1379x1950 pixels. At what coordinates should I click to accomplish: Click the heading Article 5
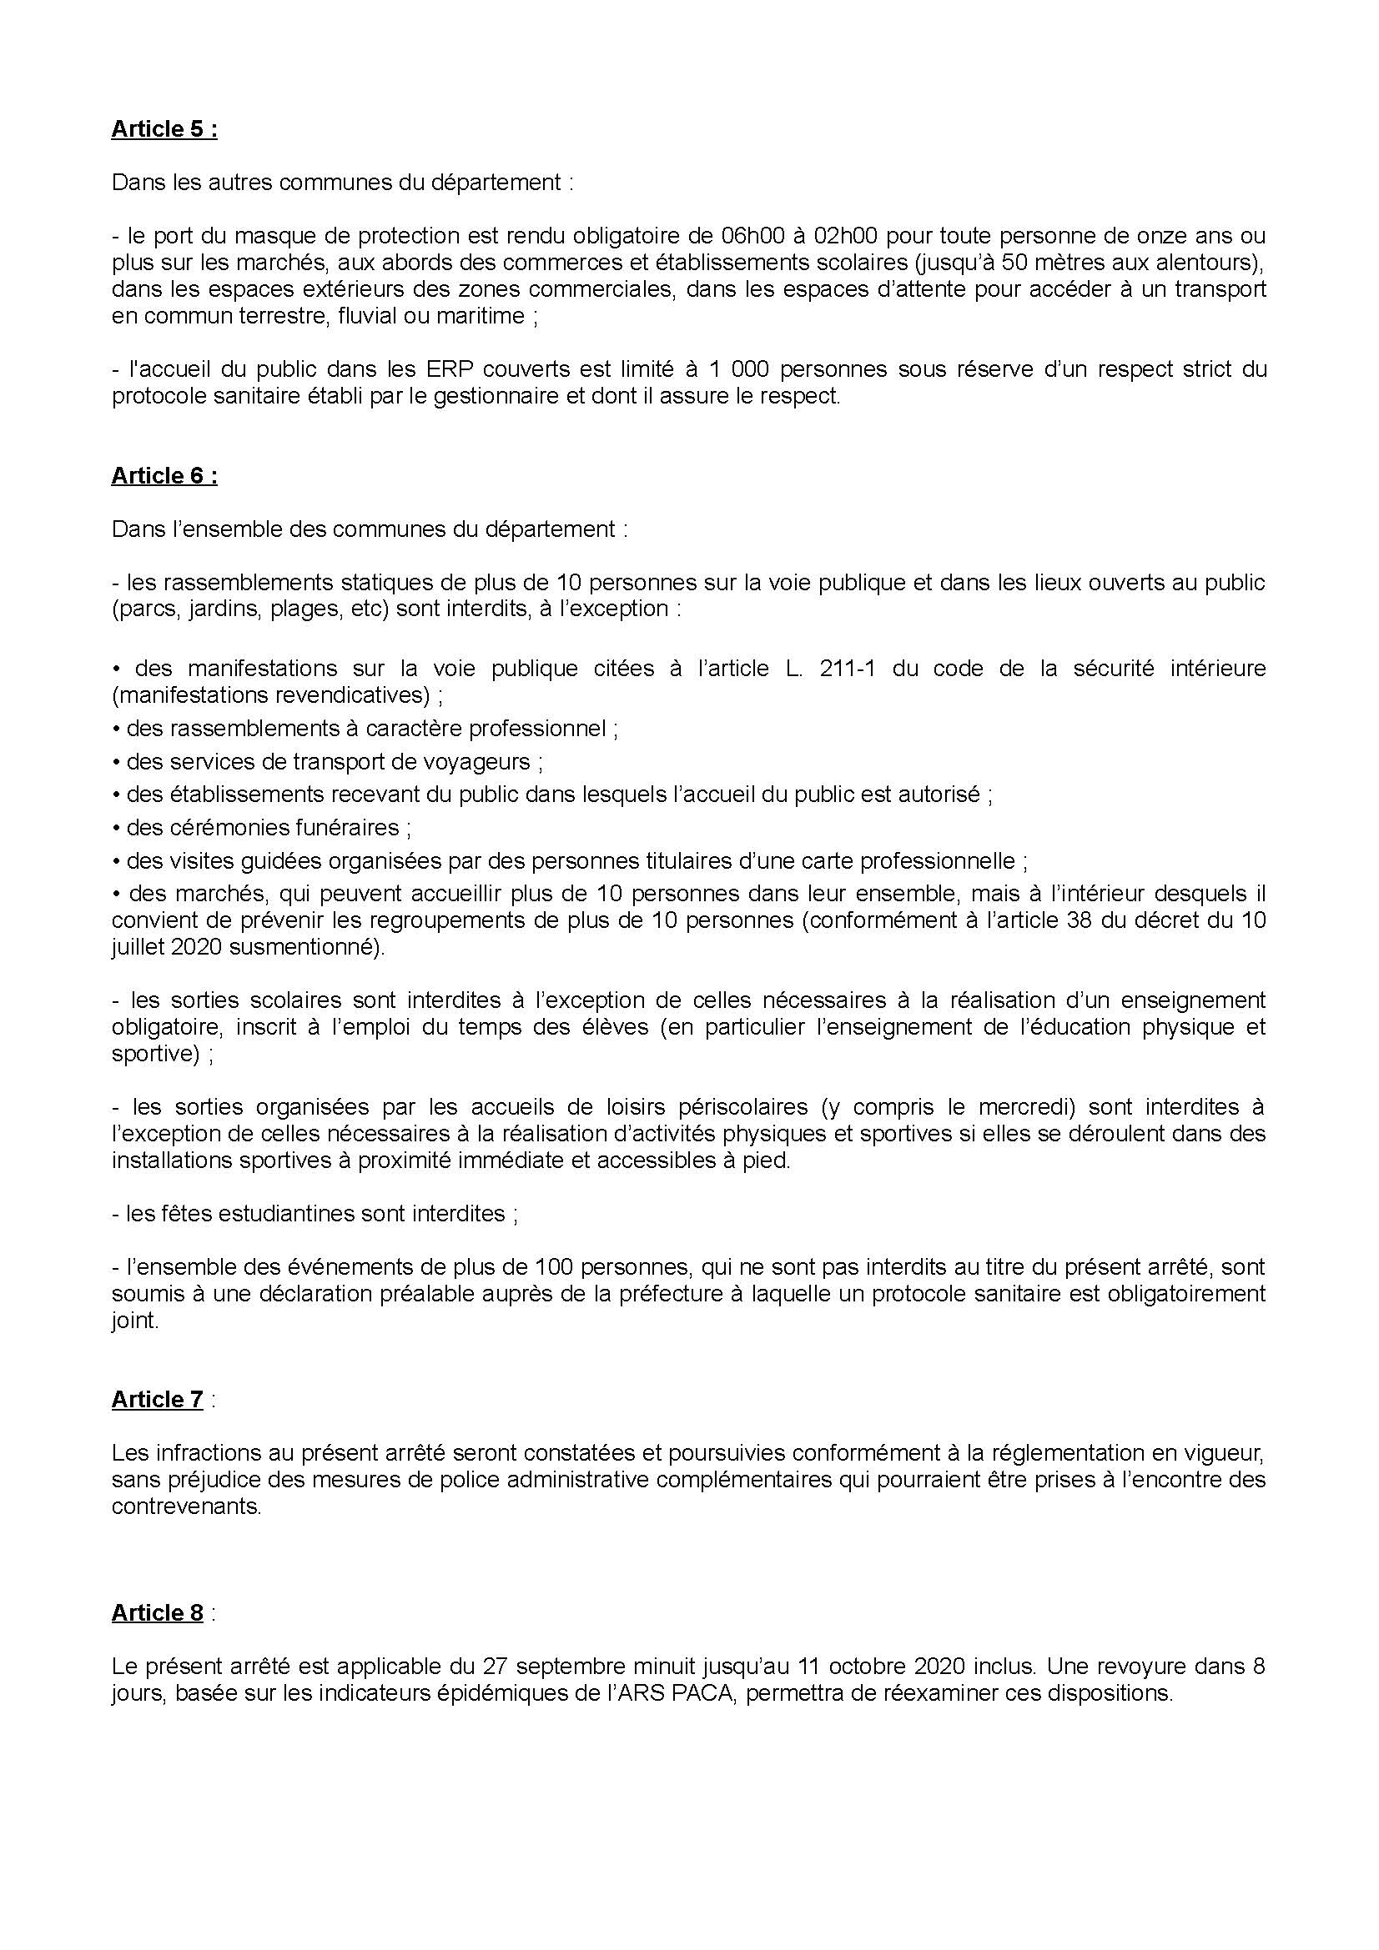pos(164,129)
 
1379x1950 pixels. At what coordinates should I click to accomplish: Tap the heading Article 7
pos(157,1399)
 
